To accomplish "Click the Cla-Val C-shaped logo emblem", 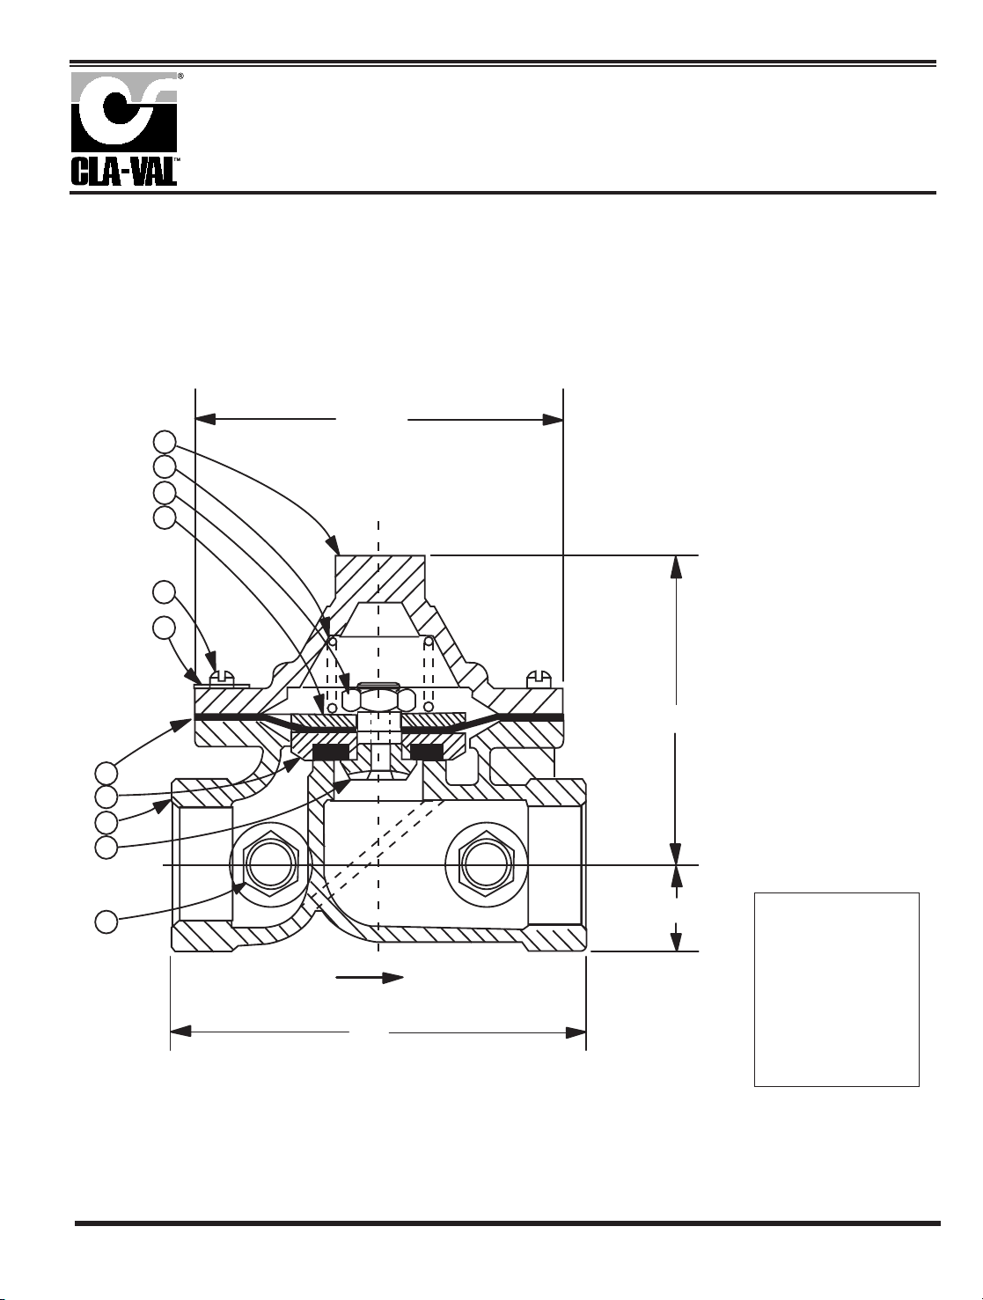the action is coord(124,112).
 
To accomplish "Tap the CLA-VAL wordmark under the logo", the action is coord(124,171).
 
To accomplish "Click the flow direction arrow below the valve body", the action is coord(370,977).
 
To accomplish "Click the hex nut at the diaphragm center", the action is coord(378,700).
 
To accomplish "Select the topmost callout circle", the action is coord(165,442).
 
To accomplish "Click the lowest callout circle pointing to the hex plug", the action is coord(106,923).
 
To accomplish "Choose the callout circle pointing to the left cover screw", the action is coord(165,592).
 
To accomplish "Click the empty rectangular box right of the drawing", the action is coord(836,989).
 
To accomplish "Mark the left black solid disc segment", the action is coord(330,753).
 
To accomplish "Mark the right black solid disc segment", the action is coord(425,753).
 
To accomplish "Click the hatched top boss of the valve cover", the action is coord(379,577).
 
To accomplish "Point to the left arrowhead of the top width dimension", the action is coord(204,420).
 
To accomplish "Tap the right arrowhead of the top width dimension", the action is coord(554,420).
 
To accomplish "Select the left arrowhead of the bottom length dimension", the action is coord(180,1033).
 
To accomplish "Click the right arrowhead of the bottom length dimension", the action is coord(576,1033).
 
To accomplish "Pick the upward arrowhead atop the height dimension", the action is coord(676,566).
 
